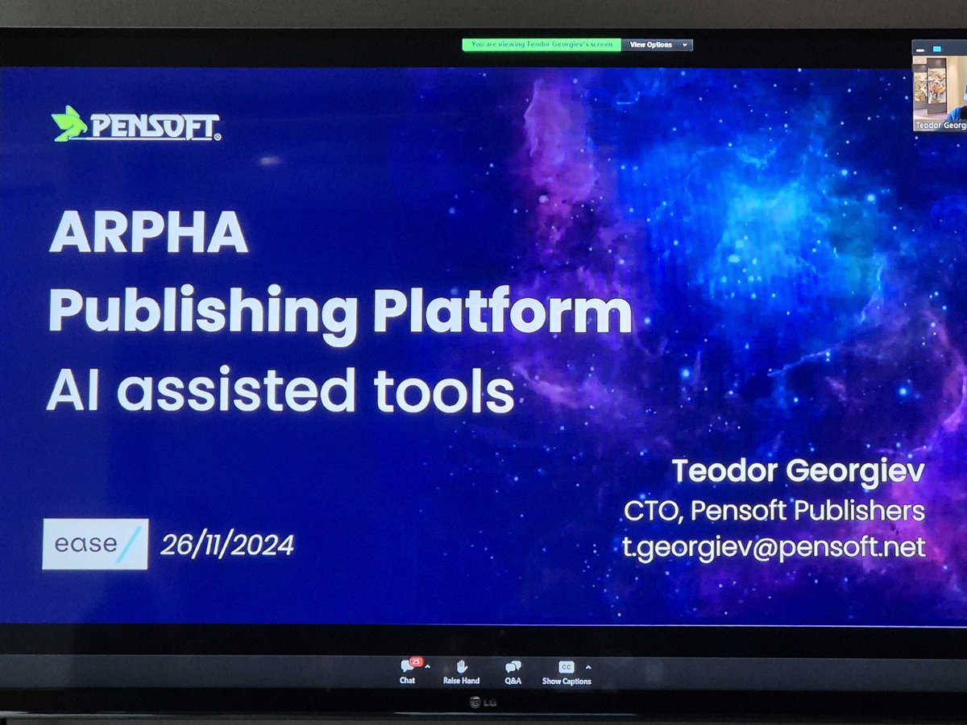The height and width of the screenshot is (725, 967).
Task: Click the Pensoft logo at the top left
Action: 135,124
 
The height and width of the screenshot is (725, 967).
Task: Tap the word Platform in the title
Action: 502,311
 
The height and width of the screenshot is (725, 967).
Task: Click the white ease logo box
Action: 95,545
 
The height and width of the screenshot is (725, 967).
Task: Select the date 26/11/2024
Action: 227,545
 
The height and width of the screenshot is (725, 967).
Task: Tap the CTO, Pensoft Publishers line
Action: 774,511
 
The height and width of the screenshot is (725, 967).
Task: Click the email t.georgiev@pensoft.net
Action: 773,548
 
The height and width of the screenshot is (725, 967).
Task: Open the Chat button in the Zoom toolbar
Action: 409,672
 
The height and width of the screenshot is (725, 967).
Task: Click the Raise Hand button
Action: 461,672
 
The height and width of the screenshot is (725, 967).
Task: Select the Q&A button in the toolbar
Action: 513,672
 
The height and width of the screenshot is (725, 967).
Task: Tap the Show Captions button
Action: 567,672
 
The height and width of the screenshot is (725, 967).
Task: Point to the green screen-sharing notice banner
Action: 542,45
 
